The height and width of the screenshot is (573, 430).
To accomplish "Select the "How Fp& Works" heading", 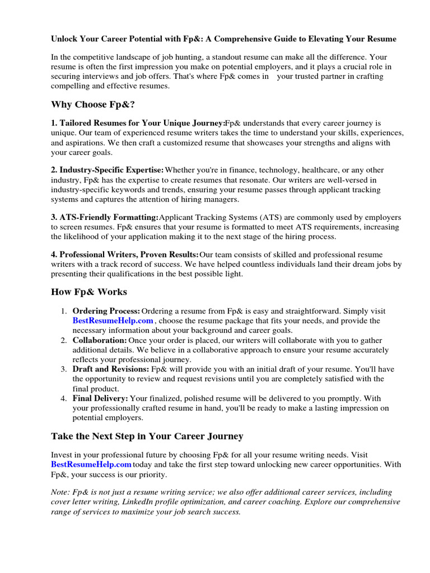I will pyautogui.click(x=89, y=292).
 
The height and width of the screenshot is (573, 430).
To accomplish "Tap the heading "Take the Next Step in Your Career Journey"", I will pyautogui.click(x=147, y=436).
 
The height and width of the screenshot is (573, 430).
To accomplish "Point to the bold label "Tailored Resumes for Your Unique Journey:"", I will pyautogui.click(x=138, y=123).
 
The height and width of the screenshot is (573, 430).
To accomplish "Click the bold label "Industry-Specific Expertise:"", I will pyautogui.click(x=108, y=170).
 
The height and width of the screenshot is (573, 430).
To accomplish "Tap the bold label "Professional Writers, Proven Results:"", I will pyautogui.click(x=125, y=255).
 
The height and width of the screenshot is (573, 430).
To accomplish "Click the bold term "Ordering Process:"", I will pyautogui.click(x=106, y=311).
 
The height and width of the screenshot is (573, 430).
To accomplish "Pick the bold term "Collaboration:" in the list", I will pyautogui.click(x=100, y=340).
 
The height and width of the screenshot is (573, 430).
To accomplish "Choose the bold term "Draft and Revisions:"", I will pyautogui.click(x=111, y=369).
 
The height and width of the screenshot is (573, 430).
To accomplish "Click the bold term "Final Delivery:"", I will pyautogui.click(x=100, y=398).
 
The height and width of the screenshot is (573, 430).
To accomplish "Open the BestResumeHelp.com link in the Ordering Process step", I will pyautogui.click(x=113, y=321).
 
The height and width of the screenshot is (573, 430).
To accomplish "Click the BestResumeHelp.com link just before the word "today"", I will pyautogui.click(x=91, y=465).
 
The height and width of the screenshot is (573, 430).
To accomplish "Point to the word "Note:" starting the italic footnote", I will pyautogui.click(x=60, y=492).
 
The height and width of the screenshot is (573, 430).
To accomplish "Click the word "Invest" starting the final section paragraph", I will pyautogui.click(x=62, y=455).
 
